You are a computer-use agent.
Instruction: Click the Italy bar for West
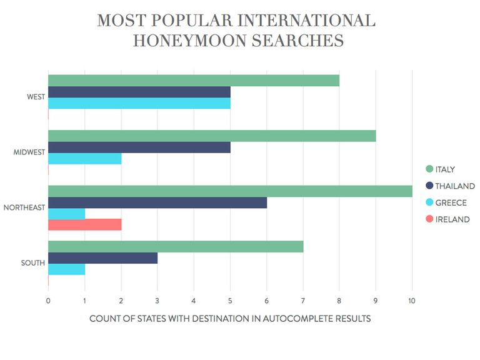194,81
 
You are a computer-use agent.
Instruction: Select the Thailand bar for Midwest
139,147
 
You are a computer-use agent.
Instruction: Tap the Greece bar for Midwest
84,159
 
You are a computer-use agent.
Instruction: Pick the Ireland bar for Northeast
84,225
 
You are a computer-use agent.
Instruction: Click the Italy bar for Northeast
230,191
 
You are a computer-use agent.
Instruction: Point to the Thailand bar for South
102,258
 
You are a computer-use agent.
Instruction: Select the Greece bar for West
139,103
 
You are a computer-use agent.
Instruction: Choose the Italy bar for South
176,246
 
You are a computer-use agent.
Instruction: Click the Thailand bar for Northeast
157,202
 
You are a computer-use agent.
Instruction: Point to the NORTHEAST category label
24,208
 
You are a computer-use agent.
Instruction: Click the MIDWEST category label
29,153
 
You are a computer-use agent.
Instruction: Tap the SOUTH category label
33,263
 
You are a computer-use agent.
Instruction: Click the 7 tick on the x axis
303,301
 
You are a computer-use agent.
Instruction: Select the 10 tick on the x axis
412,301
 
